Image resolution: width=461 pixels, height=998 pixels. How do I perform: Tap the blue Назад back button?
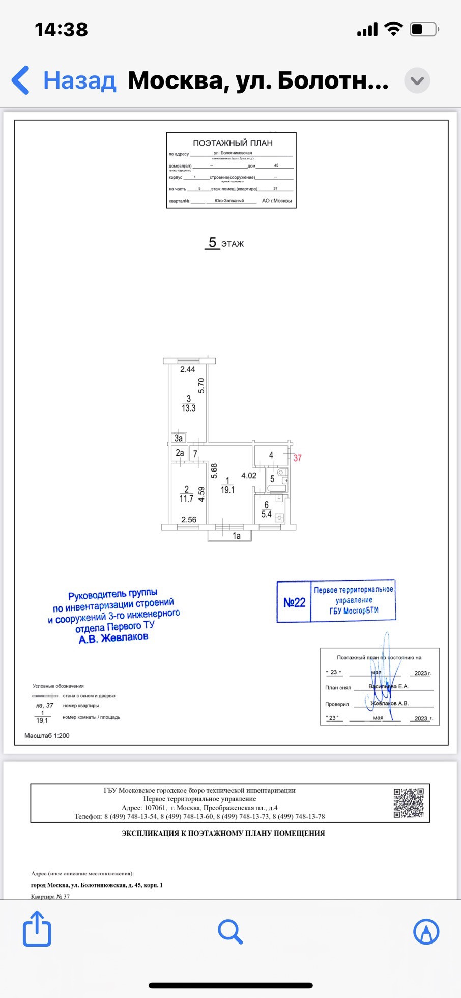[64, 80]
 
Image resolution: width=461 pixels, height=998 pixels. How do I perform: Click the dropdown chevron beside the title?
[417, 80]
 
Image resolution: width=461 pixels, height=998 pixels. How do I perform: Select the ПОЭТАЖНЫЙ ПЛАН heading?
[233, 143]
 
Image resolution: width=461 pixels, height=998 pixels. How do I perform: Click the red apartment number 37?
[297, 458]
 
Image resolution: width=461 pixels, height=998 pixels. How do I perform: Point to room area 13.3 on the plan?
[188, 408]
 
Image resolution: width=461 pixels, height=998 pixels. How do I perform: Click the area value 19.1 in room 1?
[227, 490]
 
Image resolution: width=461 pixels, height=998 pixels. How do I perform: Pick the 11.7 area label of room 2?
[186, 498]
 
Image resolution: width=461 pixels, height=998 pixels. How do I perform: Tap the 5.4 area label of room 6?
[266, 514]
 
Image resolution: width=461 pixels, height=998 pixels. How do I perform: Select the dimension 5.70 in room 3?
[201, 385]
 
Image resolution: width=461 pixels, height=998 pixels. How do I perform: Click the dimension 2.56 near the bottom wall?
[189, 520]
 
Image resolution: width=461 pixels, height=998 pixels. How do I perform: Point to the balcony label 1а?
[237, 536]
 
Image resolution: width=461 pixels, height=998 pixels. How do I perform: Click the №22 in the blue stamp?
[294, 602]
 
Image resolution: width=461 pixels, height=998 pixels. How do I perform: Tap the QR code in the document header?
[409, 803]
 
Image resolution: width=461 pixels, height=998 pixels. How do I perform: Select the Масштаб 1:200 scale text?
[47, 736]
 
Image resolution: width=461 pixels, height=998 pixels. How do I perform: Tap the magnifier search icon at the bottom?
[230, 932]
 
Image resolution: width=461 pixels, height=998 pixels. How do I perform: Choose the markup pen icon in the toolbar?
[426, 932]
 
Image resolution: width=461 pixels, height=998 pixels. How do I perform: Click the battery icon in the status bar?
[424, 30]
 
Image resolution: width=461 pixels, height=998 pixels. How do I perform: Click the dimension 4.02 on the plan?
[249, 476]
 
